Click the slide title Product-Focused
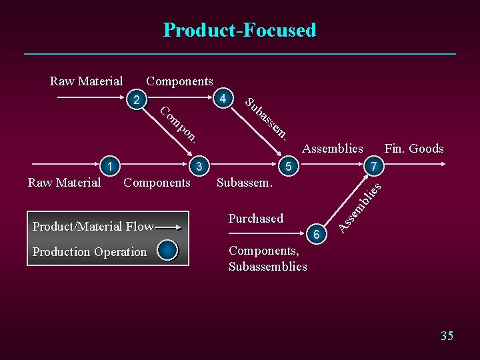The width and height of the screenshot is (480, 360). click(x=240, y=30)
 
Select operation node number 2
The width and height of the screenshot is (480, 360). click(x=137, y=101)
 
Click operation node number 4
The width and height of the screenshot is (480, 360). click(x=225, y=99)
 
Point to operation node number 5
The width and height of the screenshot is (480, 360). click(x=288, y=166)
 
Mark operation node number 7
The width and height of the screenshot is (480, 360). click(x=375, y=165)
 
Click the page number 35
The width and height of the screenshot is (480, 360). click(x=447, y=335)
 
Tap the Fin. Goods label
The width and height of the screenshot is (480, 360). click(x=414, y=149)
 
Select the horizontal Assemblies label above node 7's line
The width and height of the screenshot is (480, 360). click(x=333, y=149)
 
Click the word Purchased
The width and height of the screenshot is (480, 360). click(x=256, y=219)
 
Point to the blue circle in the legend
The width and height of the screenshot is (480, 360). click(x=168, y=251)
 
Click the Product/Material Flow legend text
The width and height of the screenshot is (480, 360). click(x=93, y=227)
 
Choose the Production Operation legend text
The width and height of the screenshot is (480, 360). click(x=89, y=251)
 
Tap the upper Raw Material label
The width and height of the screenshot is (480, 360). click(x=87, y=81)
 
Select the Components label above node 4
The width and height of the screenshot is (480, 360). click(x=180, y=81)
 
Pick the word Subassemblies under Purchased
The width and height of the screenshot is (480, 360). click(x=268, y=267)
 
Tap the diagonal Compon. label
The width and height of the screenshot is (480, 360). click(x=179, y=124)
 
